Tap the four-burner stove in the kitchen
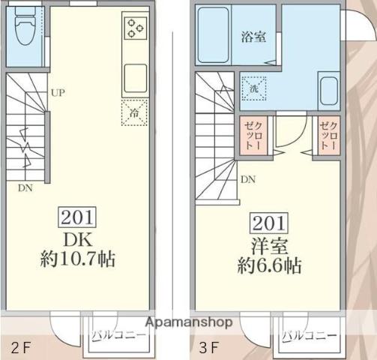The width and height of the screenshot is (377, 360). click(136, 28)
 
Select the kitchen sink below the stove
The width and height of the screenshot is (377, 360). click(136, 76)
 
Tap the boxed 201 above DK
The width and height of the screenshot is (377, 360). click(76, 218)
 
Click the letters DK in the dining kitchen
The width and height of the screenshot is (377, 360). click(76, 239)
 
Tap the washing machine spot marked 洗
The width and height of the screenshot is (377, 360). click(253, 88)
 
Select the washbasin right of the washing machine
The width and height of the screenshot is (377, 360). click(328, 91)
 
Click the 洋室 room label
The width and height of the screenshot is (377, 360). click(268, 244)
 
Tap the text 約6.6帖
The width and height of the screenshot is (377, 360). click(268, 265)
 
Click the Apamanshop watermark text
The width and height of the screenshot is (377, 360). click(189, 322)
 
